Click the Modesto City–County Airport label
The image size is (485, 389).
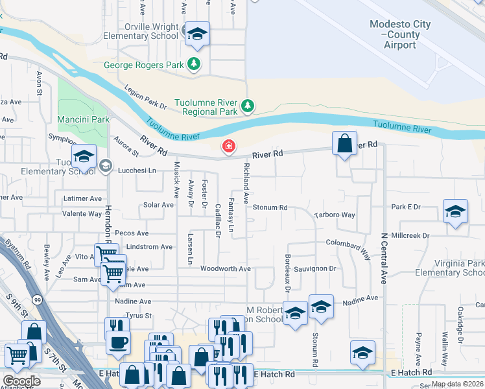(399, 34)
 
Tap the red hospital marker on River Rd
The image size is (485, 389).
(228, 147)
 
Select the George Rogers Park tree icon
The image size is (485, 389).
(193, 64)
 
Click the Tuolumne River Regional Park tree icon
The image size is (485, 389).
(246, 105)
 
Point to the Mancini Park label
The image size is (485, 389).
(83, 120)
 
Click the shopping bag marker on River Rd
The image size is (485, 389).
(344, 142)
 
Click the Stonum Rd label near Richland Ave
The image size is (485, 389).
(270, 207)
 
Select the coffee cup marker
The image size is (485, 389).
(118, 342)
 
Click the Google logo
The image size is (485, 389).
(21, 381)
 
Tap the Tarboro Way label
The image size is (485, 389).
(335, 215)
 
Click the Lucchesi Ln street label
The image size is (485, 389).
(137, 171)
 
